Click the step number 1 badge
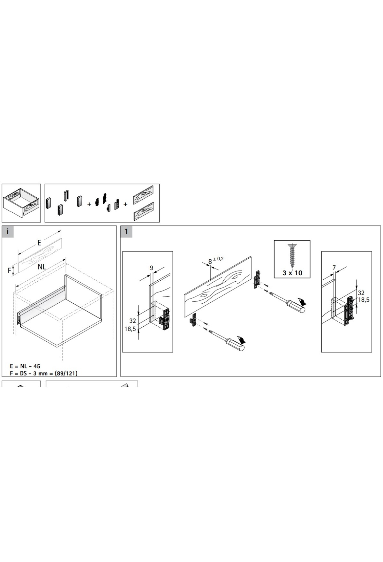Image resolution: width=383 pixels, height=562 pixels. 126,232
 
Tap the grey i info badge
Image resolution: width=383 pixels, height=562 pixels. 8,232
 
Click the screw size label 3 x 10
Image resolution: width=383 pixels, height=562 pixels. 292,273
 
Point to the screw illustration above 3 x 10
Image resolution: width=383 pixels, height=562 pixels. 292,256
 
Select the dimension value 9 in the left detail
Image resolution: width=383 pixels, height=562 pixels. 152,268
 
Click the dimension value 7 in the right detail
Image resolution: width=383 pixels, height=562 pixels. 334,267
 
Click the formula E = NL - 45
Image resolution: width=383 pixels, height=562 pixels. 25,366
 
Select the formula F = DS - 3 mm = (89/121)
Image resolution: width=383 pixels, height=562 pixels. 44,373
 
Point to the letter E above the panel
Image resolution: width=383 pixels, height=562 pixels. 39,243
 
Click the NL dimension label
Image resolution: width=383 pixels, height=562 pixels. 41,267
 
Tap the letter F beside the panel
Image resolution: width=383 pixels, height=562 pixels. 9,270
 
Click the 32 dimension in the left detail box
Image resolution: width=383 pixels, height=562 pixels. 133,321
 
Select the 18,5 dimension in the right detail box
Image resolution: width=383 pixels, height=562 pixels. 364,300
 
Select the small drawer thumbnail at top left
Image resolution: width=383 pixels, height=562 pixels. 21,203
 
